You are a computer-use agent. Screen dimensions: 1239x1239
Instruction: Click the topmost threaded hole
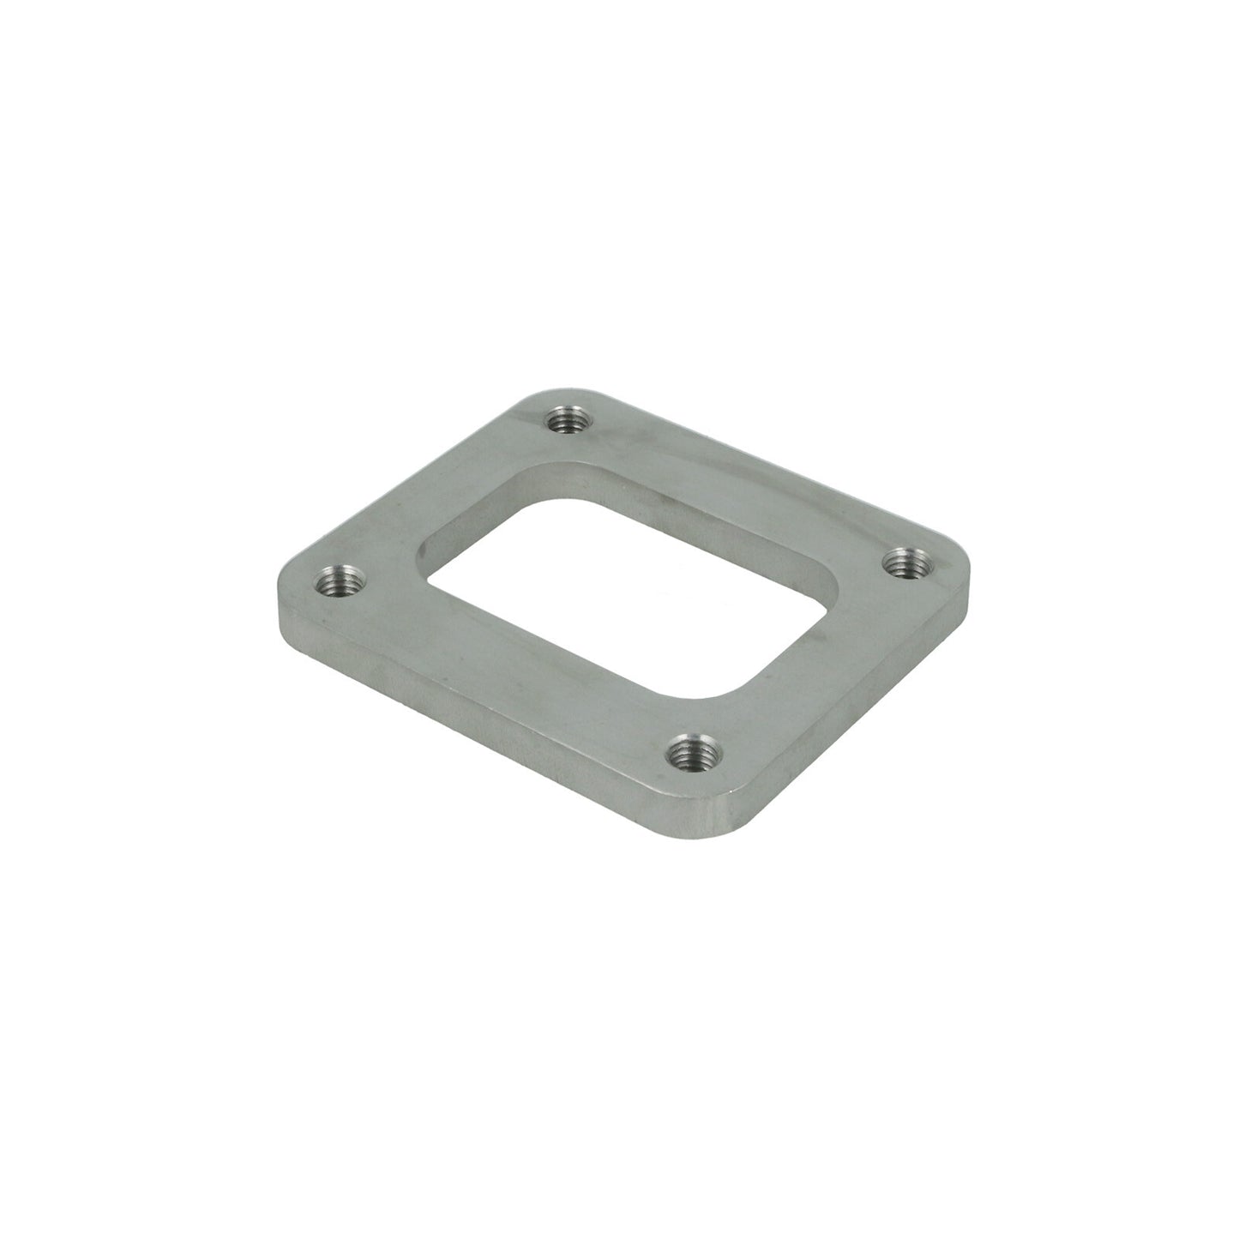coord(563,420)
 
